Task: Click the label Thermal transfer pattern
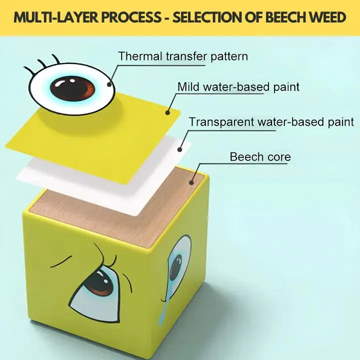[182, 56]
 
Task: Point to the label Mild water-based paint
[238, 86]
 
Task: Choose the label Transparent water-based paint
[271, 121]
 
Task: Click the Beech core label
[260, 156]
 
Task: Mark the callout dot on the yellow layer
[168, 113]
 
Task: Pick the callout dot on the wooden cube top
[191, 182]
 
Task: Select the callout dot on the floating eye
[109, 84]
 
